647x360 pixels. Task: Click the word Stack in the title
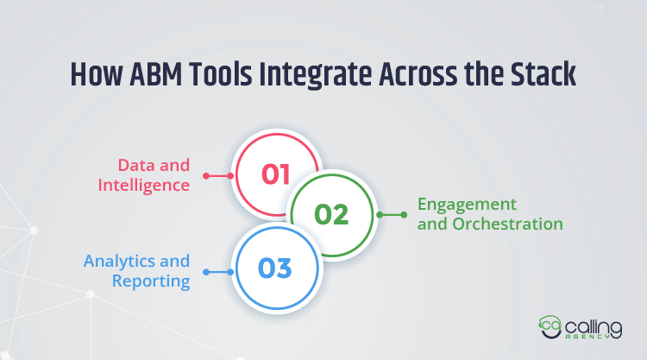pyautogui.click(x=545, y=77)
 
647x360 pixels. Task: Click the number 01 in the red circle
pyautogui.click(x=276, y=174)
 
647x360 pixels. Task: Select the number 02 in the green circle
pyautogui.click(x=331, y=214)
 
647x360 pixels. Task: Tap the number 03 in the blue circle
pyautogui.click(x=276, y=268)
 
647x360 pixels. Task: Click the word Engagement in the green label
pyautogui.click(x=467, y=205)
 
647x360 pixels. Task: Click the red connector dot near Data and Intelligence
pyautogui.click(x=205, y=175)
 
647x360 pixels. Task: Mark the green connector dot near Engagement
pyautogui.click(x=402, y=214)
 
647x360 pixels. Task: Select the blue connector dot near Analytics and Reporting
pyautogui.click(x=205, y=273)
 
